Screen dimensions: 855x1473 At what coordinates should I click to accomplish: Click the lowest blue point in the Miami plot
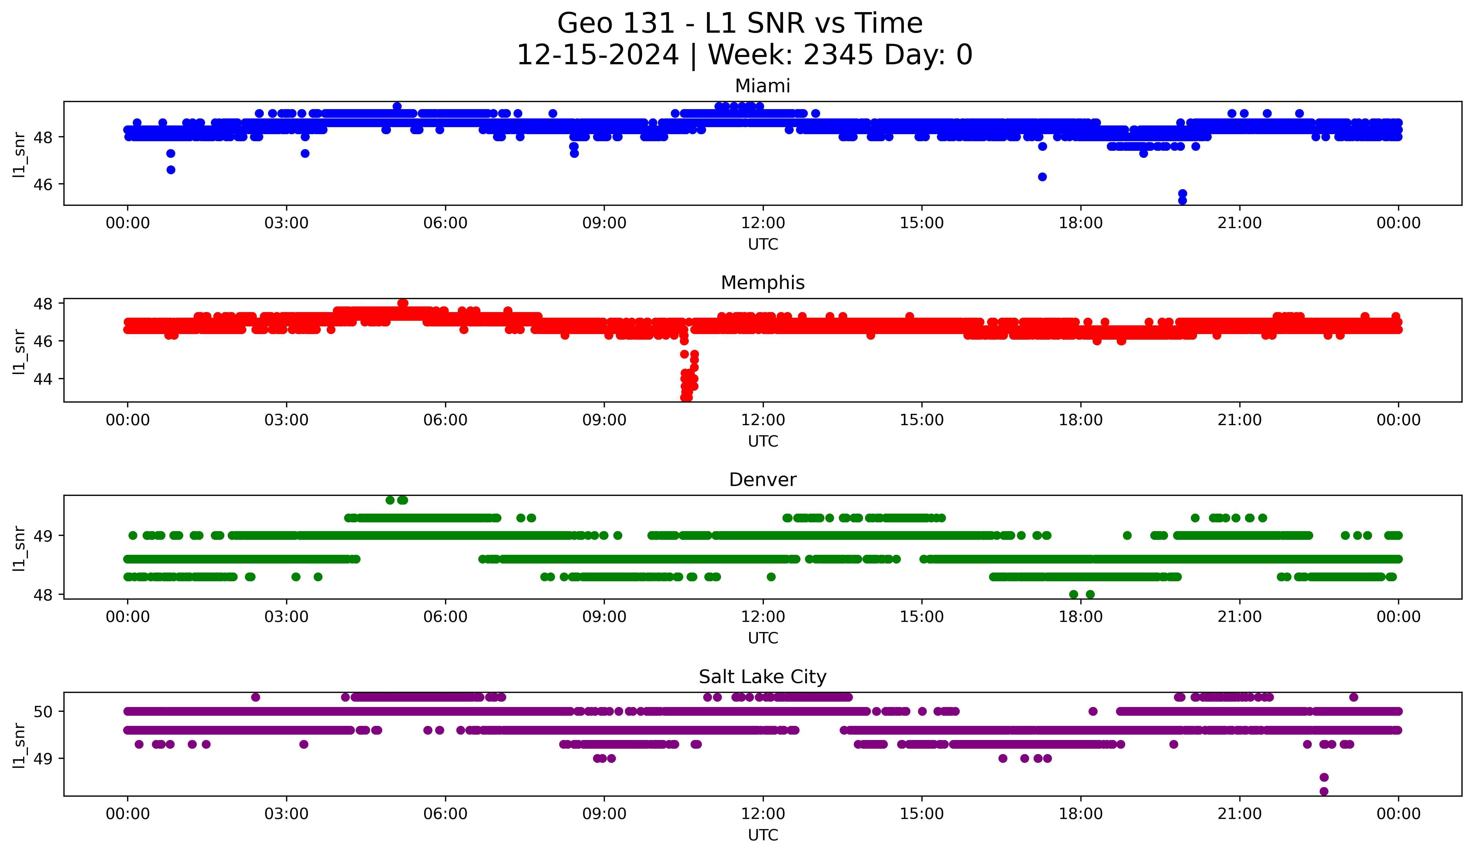[x=1182, y=200]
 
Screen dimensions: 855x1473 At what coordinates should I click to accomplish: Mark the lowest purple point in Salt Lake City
[x=1324, y=791]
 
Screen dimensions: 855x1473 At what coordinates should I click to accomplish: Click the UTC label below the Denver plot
[x=763, y=638]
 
